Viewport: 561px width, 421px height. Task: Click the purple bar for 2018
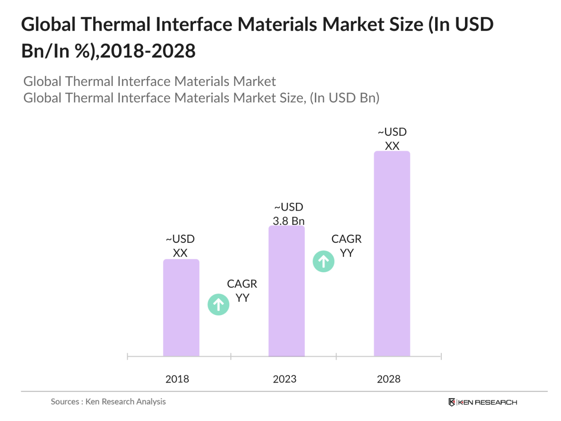[181, 308]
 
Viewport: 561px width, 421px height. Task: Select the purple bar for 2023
[287, 291]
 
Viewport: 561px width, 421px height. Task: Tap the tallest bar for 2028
[392, 253]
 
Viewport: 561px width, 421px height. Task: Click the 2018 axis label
[177, 379]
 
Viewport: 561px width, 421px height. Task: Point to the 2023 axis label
[285, 379]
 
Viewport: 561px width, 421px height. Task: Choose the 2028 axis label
[389, 379]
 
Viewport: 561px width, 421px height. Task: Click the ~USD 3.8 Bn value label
[289, 214]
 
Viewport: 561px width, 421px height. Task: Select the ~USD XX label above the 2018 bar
[180, 246]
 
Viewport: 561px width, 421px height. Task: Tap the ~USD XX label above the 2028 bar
[392, 139]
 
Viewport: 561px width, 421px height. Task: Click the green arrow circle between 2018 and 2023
[218, 304]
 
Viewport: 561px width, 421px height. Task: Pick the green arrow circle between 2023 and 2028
[323, 261]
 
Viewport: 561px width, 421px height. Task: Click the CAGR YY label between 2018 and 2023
[242, 291]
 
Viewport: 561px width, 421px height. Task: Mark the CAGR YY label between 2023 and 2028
[347, 246]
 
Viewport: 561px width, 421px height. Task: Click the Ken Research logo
[483, 402]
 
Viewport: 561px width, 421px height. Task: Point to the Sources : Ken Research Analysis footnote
[108, 401]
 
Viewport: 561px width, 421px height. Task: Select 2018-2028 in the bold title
[148, 51]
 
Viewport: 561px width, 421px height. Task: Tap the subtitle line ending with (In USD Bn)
[201, 98]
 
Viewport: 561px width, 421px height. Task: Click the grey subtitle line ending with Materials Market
[149, 81]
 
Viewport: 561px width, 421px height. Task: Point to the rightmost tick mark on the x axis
[441, 356]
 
